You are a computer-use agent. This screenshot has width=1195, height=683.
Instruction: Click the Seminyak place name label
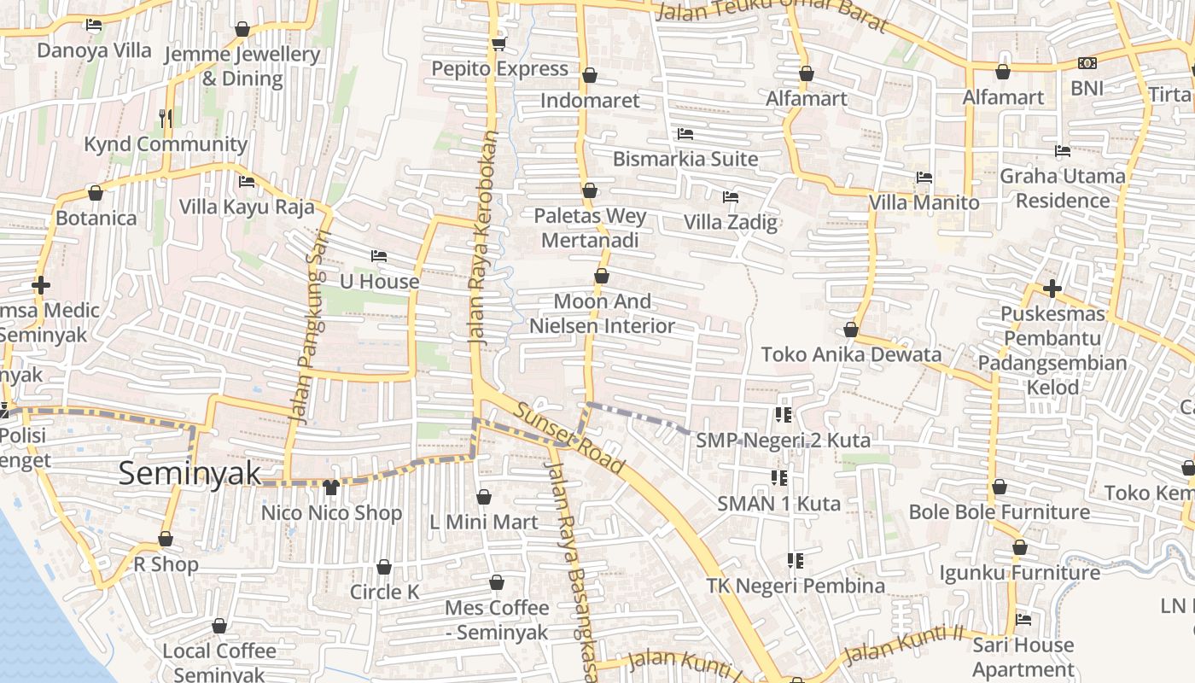point(189,473)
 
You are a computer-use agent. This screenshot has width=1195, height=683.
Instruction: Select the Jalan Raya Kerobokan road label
point(482,238)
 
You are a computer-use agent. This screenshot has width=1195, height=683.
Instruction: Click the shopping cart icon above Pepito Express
point(498,44)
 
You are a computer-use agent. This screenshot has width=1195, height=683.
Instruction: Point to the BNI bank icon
point(1087,63)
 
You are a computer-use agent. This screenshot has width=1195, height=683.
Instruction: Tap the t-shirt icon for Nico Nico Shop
point(331,487)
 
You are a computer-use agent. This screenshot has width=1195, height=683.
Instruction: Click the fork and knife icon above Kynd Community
point(166,119)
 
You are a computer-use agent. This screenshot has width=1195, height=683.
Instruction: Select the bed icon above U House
point(379,256)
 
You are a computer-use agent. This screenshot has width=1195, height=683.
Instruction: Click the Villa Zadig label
point(731,223)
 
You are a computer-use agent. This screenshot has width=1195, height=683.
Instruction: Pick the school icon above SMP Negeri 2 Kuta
point(783,415)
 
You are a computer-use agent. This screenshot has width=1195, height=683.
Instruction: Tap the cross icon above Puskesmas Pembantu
point(1052,289)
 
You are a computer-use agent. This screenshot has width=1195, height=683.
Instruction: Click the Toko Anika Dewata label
point(851,354)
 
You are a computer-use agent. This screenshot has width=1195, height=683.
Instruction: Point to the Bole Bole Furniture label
point(999,512)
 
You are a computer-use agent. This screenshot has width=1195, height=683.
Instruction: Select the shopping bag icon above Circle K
point(384,568)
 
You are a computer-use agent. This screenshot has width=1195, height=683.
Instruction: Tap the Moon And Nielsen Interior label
point(602,313)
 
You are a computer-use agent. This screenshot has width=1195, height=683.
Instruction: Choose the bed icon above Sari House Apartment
point(1023,619)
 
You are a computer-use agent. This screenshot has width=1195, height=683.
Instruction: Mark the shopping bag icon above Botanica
point(96,194)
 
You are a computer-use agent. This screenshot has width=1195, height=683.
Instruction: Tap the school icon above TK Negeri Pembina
point(796,561)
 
